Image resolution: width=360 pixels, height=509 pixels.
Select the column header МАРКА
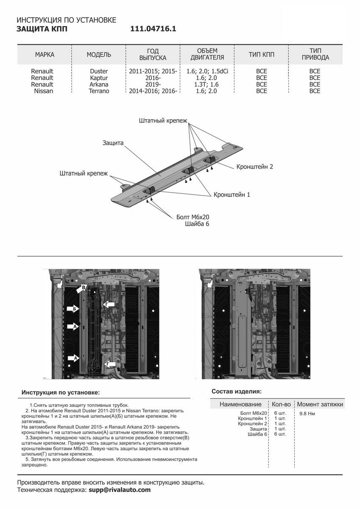pos(45,55)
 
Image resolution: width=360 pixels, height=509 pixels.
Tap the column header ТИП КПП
pos(262,55)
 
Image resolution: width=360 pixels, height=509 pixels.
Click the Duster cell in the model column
pos(99,71)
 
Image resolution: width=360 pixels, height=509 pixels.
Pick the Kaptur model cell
pos(99,78)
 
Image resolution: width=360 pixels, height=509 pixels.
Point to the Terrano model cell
pos(99,91)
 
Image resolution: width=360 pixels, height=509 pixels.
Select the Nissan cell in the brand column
pos(44,91)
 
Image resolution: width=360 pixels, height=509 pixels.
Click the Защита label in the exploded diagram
pos(113,143)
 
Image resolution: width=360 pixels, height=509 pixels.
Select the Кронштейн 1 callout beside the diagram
pos(232,195)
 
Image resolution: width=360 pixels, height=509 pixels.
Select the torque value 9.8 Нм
pos(307,413)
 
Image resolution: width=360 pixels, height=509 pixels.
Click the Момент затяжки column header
pos(320,404)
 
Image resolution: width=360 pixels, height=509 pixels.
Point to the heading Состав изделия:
pos(236,391)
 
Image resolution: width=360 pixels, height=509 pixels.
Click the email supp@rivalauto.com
pos(119,489)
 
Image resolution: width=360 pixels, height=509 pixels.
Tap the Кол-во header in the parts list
pos(281,404)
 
